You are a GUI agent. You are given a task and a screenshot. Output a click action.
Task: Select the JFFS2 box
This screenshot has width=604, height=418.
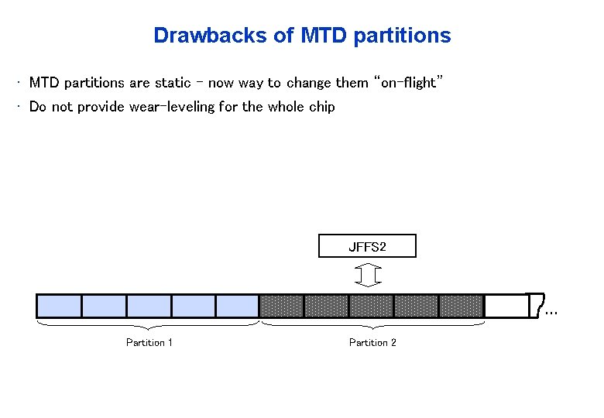point(367,246)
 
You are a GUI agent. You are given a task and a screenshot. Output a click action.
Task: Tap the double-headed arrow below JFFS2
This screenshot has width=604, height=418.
point(368,275)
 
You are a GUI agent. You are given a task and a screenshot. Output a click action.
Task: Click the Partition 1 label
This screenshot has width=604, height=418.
point(149,342)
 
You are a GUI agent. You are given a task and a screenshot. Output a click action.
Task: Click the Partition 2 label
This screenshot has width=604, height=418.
point(372,342)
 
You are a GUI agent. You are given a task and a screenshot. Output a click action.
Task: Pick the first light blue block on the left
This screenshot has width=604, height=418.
point(60,306)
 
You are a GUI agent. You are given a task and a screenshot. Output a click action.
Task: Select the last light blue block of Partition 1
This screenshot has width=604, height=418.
point(238,306)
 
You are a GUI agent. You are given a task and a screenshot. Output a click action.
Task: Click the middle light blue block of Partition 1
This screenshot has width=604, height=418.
point(149,306)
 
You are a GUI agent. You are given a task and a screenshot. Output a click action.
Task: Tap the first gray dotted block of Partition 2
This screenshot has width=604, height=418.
point(282,306)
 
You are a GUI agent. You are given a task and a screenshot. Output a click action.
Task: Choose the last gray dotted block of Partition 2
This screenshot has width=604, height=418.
point(461,306)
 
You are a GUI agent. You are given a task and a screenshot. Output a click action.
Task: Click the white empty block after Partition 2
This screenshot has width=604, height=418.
point(505,306)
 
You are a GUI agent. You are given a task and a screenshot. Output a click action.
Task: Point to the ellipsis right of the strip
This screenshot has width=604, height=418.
point(551,313)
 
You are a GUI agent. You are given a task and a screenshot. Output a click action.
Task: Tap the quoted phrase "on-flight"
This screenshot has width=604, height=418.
point(408,83)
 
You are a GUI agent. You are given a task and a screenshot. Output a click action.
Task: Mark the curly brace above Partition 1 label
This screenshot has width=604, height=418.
point(148,326)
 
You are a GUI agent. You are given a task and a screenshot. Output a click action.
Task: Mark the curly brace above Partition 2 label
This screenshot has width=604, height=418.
point(372,326)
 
